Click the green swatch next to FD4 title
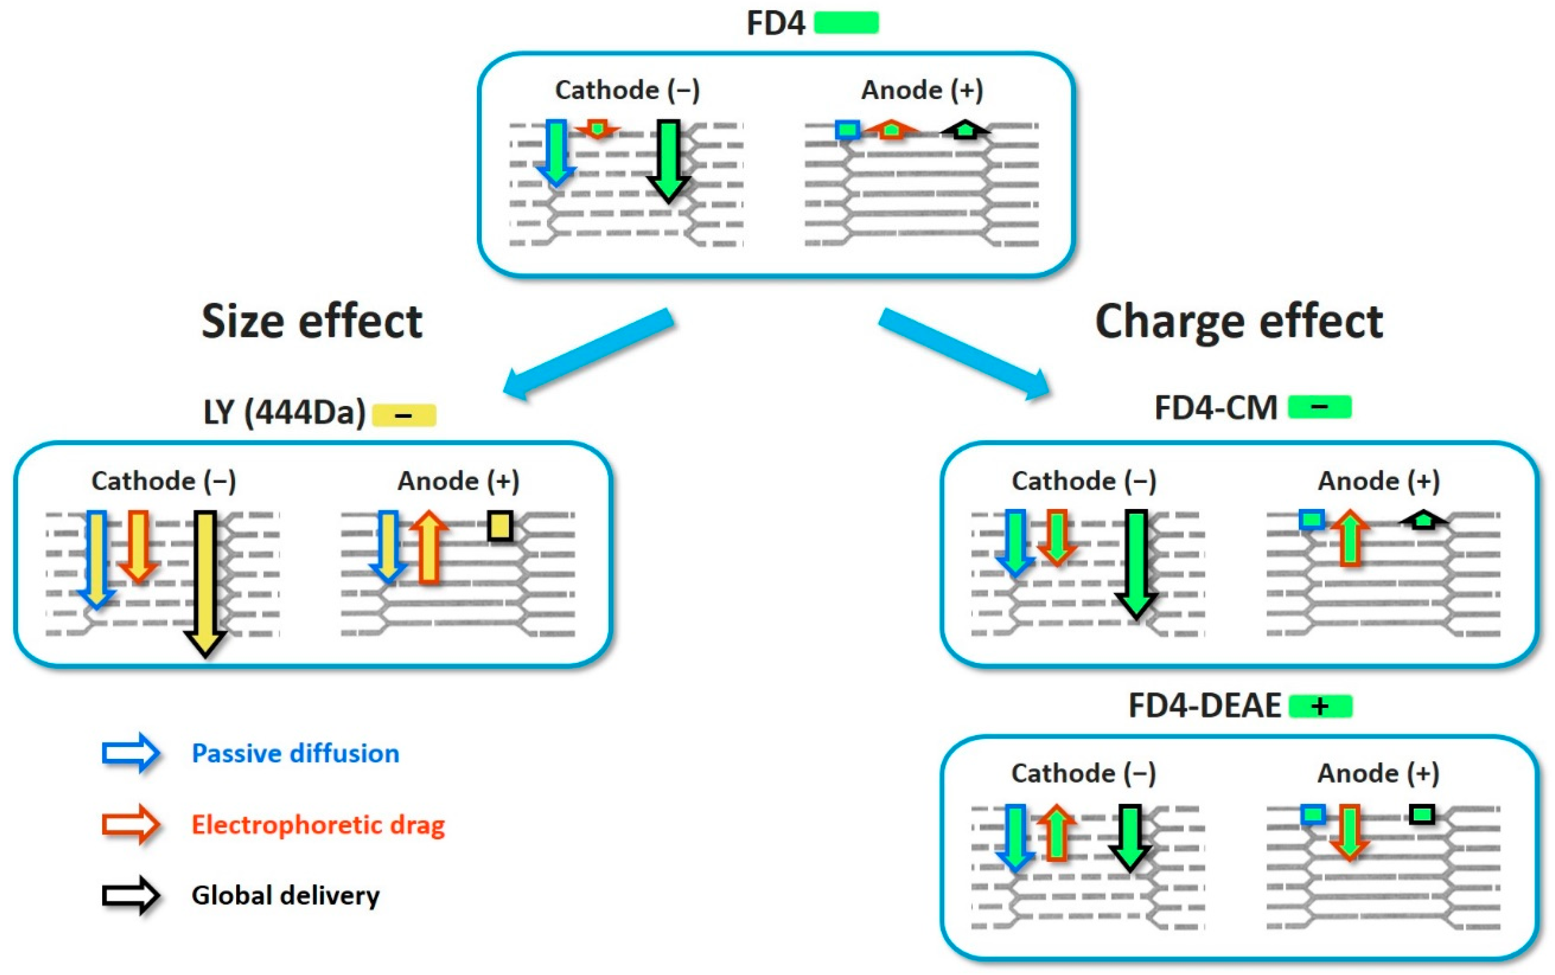(846, 23)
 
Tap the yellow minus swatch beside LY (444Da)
(404, 415)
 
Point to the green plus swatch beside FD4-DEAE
(1320, 706)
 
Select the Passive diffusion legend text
(295, 753)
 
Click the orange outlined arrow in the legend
(131, 824)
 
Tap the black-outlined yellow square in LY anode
(500, 526)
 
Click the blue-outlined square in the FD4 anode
(847, 130)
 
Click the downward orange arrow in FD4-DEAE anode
(1349, 832)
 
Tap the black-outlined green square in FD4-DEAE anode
(1422, 815)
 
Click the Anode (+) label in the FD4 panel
(922, 90)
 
